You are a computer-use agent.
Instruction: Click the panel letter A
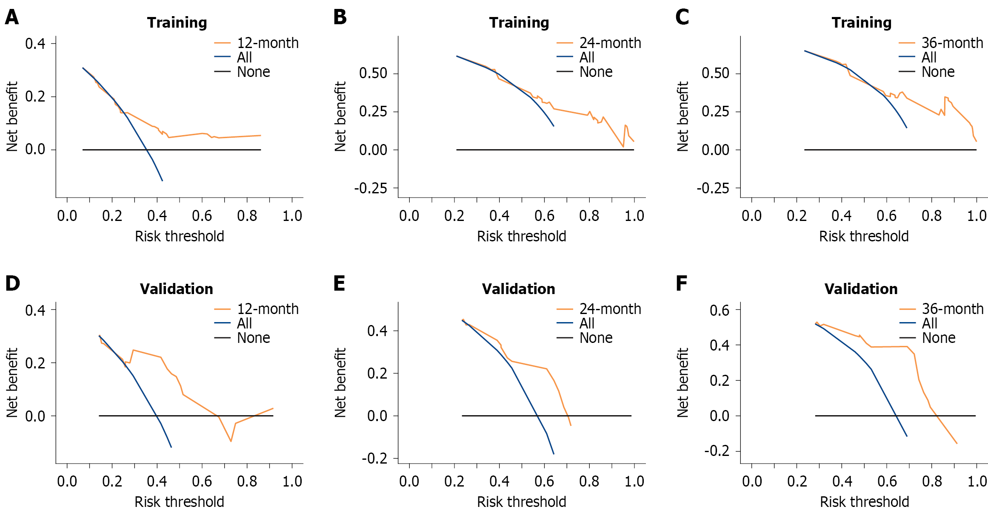coord(11,17)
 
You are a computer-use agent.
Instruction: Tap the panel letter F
coord(681,283)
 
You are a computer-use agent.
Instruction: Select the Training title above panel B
coord(519,23)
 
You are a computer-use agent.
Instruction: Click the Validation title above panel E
coord(518,289)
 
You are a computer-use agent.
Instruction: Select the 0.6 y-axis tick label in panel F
coord(719,310)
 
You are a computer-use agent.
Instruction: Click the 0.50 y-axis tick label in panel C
coord(715,73)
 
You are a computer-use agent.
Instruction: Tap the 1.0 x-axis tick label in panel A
coord(292,216)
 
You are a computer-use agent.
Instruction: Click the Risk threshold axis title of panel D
coord(179,502)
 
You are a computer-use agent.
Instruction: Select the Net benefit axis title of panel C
coord(682,116)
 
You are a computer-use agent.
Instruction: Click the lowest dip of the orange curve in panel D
coord(231,441)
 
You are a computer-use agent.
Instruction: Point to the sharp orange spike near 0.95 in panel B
coord(625,125)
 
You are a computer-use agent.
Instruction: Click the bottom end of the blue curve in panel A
coord(162,181)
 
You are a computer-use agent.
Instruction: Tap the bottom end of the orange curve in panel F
coord(957,444)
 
